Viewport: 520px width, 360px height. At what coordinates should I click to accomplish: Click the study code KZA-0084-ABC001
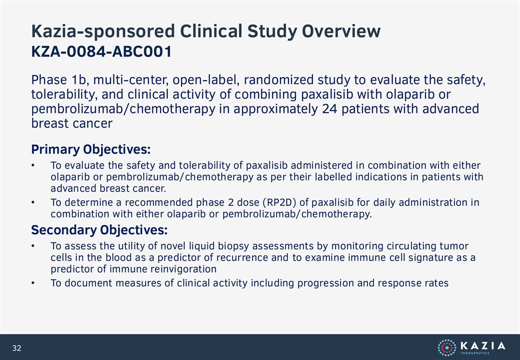click(x=101, y=51)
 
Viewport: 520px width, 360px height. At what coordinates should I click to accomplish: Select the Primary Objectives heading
click(x=91, y=149)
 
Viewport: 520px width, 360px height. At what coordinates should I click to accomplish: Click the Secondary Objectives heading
click(x=99, y=229)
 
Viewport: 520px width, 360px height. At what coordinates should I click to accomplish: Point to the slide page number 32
click(x=16, y=348)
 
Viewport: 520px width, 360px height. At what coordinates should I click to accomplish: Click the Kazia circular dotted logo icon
click(x=447, y=347)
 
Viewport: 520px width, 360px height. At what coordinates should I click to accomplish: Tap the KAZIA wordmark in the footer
click(x=483, y=345)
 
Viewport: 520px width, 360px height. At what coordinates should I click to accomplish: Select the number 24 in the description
click(x=329, y=108)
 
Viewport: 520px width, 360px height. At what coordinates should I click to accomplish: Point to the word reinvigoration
click(x=183, y=269)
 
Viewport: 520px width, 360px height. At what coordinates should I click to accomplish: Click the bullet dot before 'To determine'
click(x=33, y=202)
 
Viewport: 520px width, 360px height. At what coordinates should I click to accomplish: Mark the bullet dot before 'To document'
click(x=33, y=283)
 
